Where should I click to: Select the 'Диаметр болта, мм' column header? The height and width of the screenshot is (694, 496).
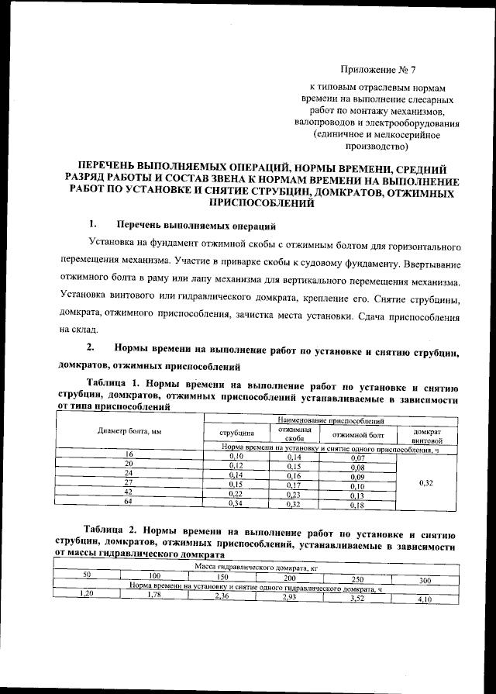pyautogui.click(x=129, y=431)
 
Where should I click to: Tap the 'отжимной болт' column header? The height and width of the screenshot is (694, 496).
pyautogui.click(x=358, y=434)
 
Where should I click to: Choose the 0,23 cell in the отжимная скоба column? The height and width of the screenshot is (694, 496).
pyautogui.click(x=294, y=495)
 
